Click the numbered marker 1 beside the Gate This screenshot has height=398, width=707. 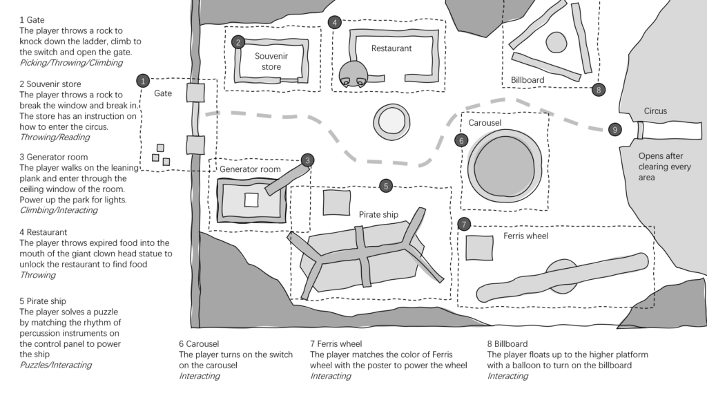point(142,80)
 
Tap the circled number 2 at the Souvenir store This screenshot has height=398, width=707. point(238,42)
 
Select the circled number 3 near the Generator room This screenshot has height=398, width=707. point(308,160)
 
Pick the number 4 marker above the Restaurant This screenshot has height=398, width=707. point(335,22)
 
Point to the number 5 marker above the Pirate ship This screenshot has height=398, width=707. point(387,185)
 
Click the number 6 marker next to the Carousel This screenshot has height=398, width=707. point(461,140)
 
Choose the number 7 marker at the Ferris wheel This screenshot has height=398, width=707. point(465,224)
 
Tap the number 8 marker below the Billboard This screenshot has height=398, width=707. point(599,89)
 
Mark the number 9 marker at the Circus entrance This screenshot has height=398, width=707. point(615,129)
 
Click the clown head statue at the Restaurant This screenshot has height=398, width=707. point(353,73)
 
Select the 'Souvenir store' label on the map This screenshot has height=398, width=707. point(268,61)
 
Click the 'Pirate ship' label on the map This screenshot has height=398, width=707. point(378,214)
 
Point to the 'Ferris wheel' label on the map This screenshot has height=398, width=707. point(525,236)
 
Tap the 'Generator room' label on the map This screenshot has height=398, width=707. point(250,169)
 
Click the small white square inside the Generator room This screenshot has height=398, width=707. point(251,200)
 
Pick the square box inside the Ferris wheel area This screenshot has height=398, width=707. point(479,247)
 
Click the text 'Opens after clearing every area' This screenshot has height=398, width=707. point(665,167)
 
